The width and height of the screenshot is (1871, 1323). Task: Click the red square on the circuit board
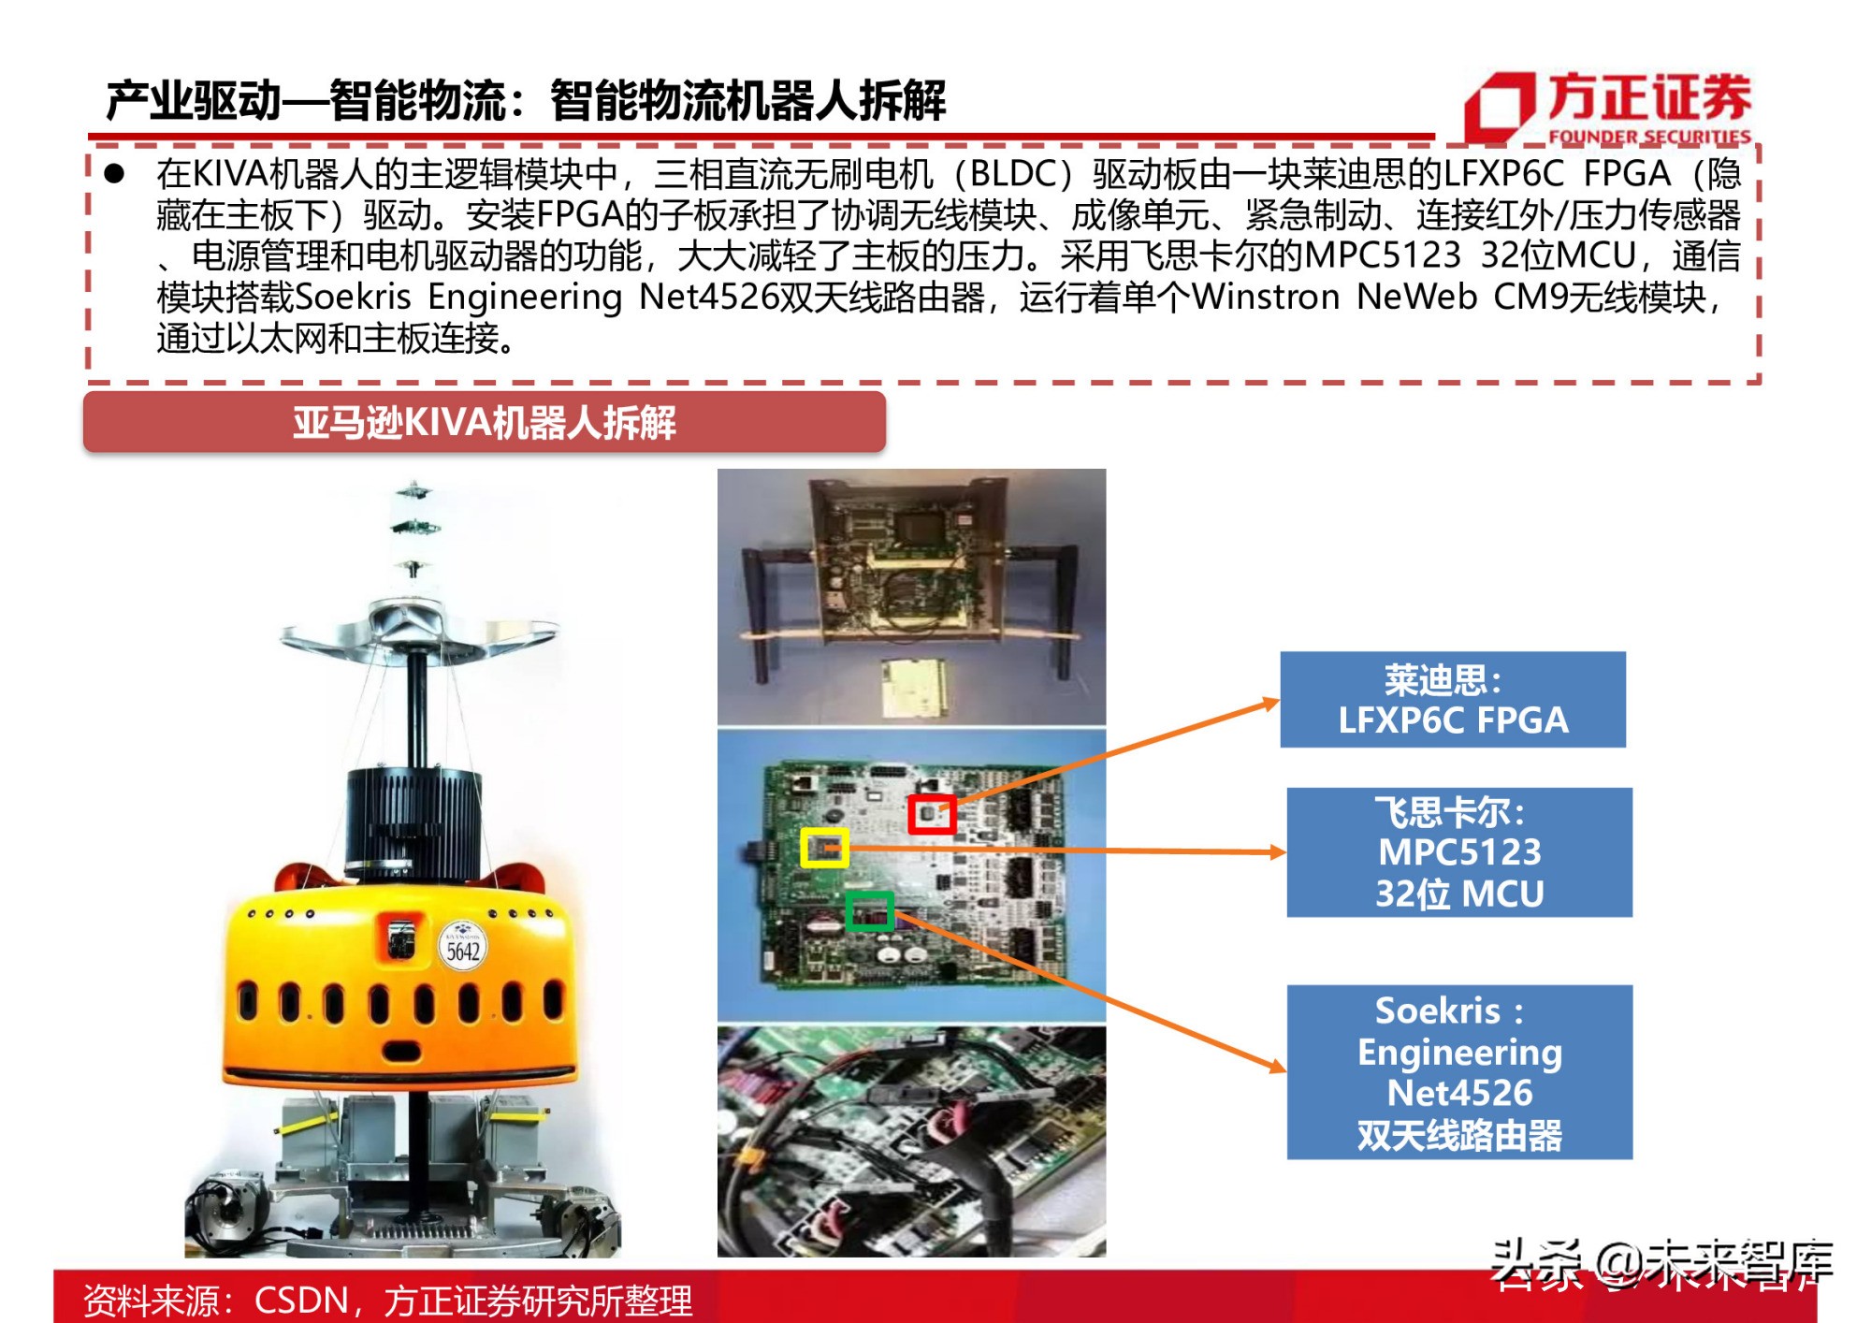pyautogui.click(x=931, y=814)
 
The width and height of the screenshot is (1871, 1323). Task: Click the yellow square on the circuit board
pyautogui.click(x=824, y=848)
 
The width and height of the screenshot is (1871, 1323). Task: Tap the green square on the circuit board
pyautogui.click(x=869, y=910)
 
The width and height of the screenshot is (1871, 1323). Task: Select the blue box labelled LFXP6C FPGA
pyautogui.click(x=1452, y=700)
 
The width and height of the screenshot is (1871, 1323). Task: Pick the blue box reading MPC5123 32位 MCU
pyautogui.click(x=1458, y=852)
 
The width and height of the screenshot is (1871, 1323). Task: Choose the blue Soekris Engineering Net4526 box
pyautogui.click(x=1458, y=1072)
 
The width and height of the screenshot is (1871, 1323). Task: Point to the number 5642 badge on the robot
pyautogui.click(x=462, y=951)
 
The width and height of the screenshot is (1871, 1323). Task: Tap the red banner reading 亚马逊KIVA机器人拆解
pyautogui.click(x=484, y=423)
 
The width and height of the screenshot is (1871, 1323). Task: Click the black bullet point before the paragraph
pyautogui.click(x=114, y=174)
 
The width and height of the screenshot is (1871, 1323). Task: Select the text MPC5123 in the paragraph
pyautogui.click(x=1382, y=255)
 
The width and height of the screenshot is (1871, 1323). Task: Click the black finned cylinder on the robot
pyautogui.click(x=414, y=819)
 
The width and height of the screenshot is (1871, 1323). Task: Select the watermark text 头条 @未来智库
pyautogui.click(x=1661, y=1263)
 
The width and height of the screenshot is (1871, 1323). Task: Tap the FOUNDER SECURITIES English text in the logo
pyautogui.click(x=1648, y=137)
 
